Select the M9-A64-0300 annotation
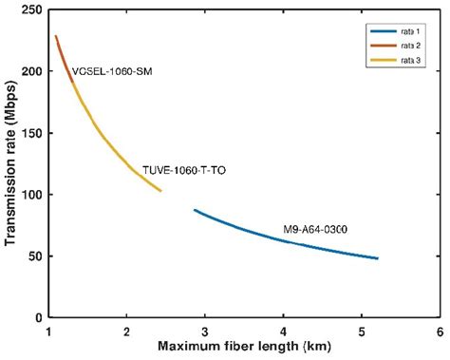coord(316,229)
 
